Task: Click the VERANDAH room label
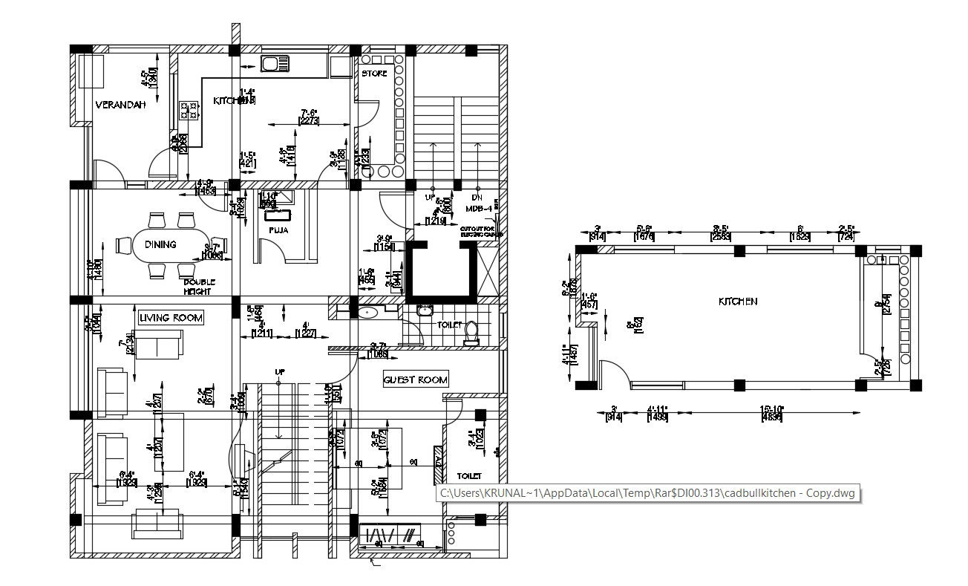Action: coord(120,105)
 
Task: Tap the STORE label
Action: coord(374,74)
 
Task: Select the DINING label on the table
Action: coord(160,244)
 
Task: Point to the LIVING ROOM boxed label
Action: coord(171,318)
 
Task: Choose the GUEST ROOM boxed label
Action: coord(415,380)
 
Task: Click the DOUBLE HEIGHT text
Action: coord(199,287)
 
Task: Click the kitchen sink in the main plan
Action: coord(274,64)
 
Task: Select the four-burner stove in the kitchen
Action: coord(189,111)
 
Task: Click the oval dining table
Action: coord(170,245)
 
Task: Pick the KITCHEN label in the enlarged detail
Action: coord(738,302)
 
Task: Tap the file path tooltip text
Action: coord(647,493)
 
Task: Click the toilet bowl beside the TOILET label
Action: coord(471,333)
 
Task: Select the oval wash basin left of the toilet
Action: coord(369,313)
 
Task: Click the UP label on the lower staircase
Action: coord(280,371)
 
